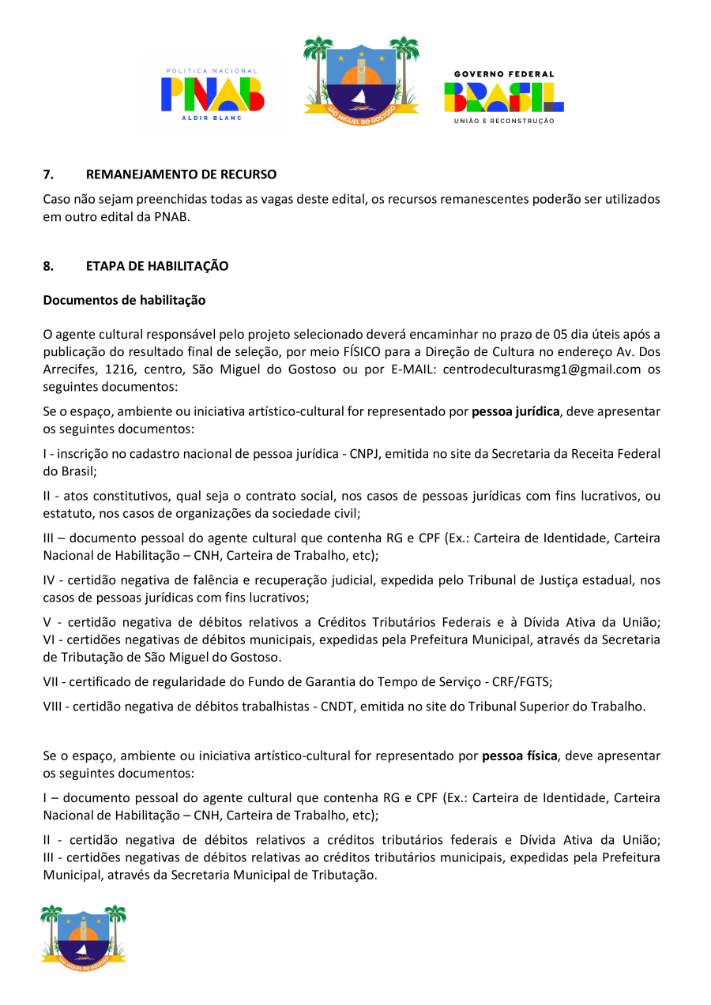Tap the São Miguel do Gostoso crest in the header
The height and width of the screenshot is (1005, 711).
pos(361,78)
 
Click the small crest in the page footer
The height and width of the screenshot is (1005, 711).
pos(83,937)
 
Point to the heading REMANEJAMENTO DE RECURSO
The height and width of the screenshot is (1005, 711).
pos(181,174)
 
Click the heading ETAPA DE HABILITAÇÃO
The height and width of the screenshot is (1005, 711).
pos(156,266)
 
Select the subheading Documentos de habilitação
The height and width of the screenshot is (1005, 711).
pos(124,300)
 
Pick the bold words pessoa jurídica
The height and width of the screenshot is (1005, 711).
pos(515,411)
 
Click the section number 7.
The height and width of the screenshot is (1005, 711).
pos(47,174)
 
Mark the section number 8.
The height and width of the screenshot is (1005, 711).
pos(47,266)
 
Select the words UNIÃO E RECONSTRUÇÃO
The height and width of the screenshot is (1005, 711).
pos(503,121)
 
